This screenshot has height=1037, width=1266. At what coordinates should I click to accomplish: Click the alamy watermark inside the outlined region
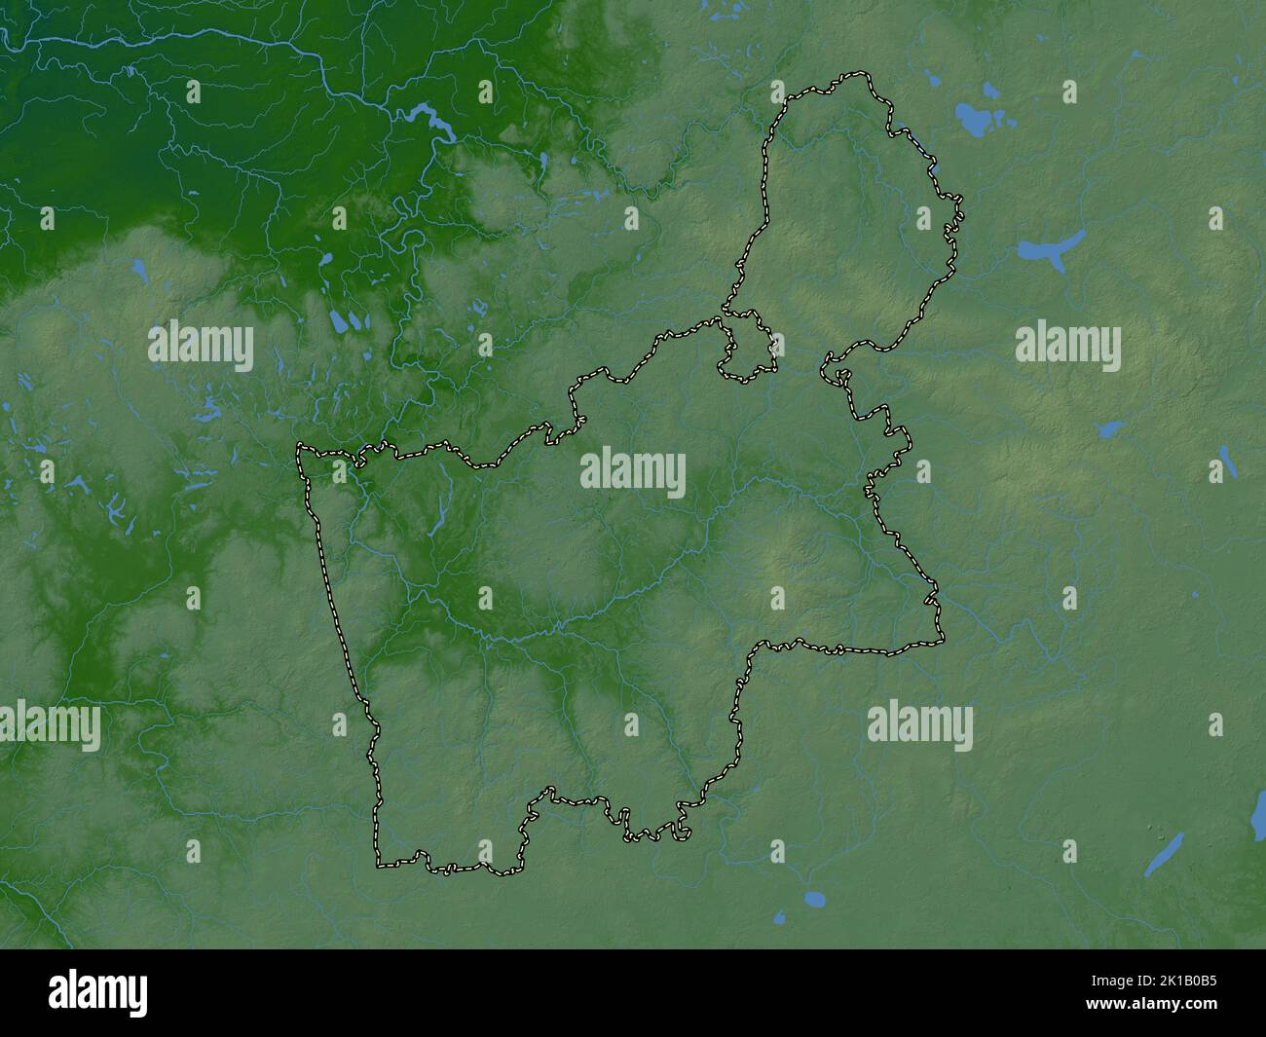[633, 473]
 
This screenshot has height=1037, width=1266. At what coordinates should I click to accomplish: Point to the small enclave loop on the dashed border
[748, 346]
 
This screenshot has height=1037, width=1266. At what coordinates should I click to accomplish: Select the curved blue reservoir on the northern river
[433, 121]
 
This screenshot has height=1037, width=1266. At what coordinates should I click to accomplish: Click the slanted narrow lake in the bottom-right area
[1164, 852]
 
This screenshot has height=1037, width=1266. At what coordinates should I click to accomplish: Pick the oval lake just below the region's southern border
[814, 898]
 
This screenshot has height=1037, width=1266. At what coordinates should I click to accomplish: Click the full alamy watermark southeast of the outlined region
[919, 726]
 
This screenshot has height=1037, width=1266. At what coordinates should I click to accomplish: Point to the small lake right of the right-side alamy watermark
[1108, 428]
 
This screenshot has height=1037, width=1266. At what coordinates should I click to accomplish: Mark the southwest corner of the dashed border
[380, 863]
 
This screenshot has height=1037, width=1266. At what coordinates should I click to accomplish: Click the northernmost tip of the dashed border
[857, 72]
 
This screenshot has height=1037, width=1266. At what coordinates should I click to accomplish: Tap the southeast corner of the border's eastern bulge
[942, 641]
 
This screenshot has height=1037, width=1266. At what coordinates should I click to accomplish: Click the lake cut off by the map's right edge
[1257, 823]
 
